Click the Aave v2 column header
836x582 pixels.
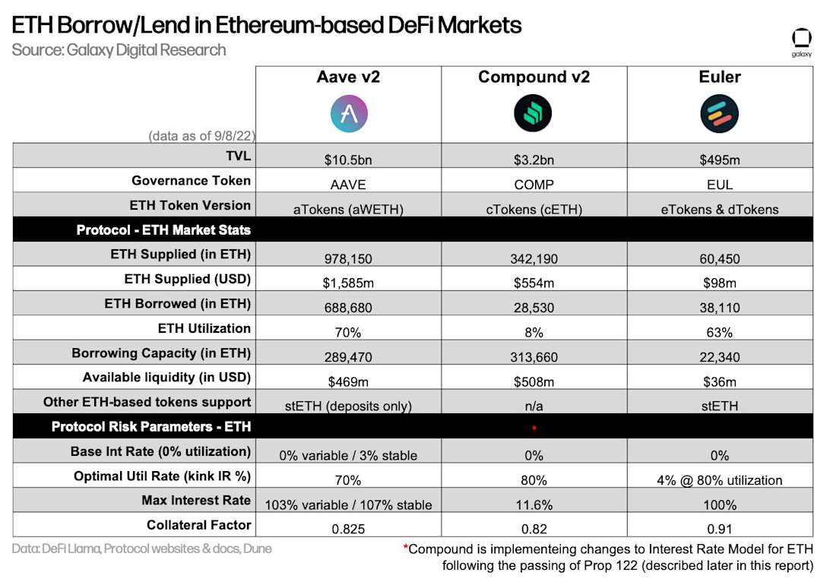click(349, 77)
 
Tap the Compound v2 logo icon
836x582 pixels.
click(533, 114)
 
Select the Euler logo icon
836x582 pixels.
click(719, 114)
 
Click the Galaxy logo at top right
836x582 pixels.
click(801, 41)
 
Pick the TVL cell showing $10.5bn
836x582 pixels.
click(349, 160)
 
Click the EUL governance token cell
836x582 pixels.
click(719, 185)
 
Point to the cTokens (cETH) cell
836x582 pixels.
click(534, 209)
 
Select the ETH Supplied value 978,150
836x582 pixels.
click(349, 258)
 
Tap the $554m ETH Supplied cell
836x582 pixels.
click(534, 283)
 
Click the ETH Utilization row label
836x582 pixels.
click(204, 328)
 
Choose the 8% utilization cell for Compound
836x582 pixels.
click(534, 332)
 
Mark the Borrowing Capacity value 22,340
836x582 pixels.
click(719, 357)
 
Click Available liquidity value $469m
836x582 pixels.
click(349, 381)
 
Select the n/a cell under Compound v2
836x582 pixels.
click(534, 406)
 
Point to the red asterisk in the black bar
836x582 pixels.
click(534, 428)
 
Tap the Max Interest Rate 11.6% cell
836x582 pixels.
click(534, 505)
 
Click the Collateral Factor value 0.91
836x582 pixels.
click(719, 529)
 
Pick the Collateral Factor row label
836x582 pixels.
click(198, 525)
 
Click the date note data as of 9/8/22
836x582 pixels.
click(201, 136)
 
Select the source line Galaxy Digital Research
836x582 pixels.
click(119, 50)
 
